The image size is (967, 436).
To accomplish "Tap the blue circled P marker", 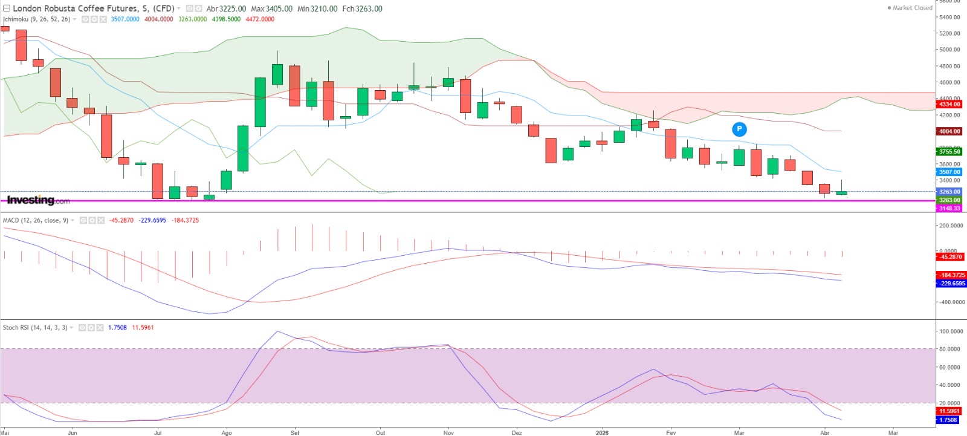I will point(739,129).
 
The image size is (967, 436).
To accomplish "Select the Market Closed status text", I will point(912,8).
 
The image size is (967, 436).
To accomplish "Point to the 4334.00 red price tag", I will point(949,105).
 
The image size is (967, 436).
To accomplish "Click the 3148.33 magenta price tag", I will point(949,209).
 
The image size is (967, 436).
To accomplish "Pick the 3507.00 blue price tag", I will point(949,172).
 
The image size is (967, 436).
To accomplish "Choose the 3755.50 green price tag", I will point(949,152).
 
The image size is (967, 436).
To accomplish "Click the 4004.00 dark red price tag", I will point(949,131).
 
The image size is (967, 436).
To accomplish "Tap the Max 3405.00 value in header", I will point(271,9).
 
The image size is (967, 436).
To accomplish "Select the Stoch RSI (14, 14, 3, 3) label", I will point(34,328).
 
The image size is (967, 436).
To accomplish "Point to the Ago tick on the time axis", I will point(227,433).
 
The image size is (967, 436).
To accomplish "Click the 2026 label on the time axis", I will point(602,433).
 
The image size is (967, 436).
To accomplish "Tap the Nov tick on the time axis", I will point(448,433).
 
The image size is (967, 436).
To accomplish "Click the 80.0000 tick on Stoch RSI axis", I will point(951,349).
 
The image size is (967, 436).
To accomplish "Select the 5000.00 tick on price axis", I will point(949,50).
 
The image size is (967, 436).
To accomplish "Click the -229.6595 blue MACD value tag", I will point(951,284).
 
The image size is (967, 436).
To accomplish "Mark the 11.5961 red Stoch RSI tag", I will point(949,411).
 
